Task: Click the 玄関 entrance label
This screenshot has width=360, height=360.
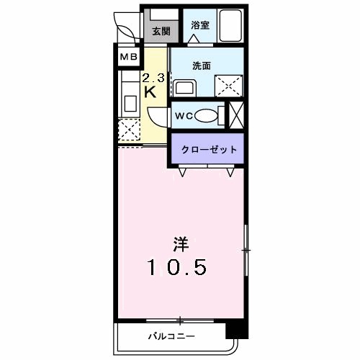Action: tap(161, 31)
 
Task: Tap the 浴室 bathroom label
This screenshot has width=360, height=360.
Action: tap(199, 25)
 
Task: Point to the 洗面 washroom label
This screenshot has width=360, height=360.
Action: tap(201, 65)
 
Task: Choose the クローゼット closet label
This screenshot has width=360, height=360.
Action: tap(204, 150)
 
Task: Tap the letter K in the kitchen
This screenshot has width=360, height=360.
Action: tap(151, 92)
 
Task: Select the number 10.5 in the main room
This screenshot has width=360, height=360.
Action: tap(179, 267)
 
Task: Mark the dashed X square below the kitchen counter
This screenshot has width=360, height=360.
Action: tap(130, 130)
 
